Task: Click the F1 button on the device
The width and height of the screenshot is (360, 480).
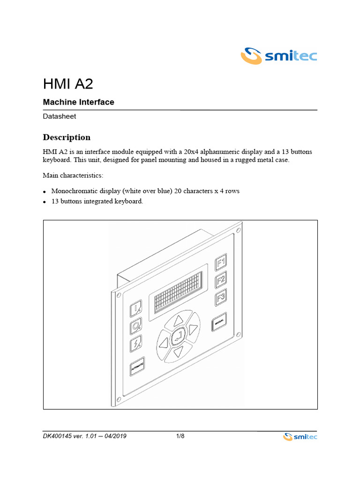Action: [221, 263]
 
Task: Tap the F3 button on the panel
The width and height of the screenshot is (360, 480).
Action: [221, 298]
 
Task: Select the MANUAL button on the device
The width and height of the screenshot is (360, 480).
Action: [219, 322]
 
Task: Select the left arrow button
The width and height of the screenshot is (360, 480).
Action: [163, 343]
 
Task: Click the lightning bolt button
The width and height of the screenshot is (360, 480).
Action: [136, 345]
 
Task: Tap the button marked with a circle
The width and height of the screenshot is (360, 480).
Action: [136, 326]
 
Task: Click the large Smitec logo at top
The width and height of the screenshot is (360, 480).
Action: [279, 56]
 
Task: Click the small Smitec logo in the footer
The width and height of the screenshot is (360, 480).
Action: [300, 437]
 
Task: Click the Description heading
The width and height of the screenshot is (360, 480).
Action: [67, 137]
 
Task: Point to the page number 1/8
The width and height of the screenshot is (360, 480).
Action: [180, 436]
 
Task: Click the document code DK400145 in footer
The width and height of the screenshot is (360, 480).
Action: [58, 436]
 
